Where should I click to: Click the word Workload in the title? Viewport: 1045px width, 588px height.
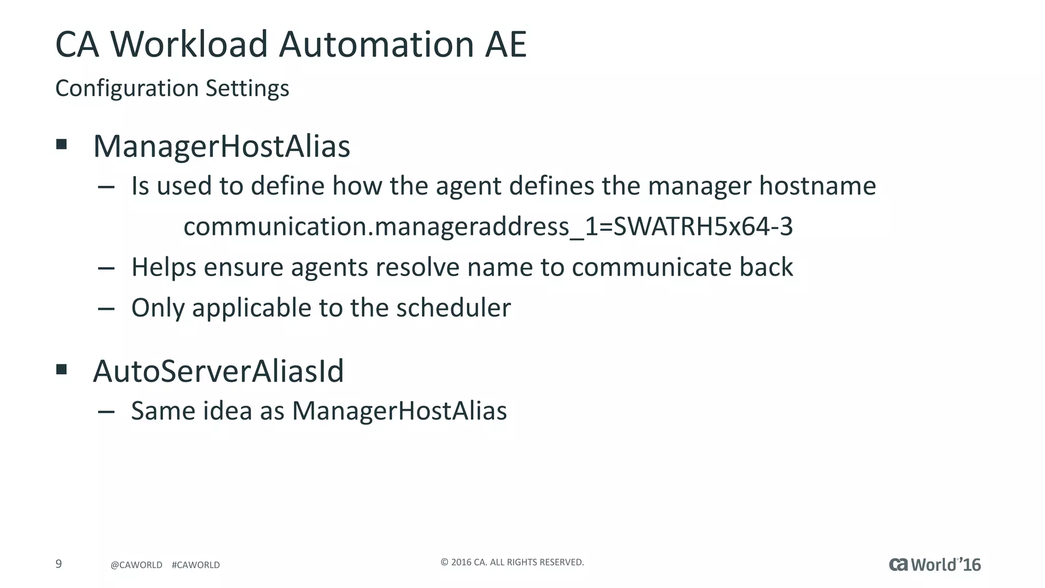click(189, 44)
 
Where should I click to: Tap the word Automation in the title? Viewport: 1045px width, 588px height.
click(377, 44)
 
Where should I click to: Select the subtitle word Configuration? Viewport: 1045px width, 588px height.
click(127, 88)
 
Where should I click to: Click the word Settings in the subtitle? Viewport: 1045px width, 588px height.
click(247, 88)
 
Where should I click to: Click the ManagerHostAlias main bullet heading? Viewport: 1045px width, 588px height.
click(221, 146)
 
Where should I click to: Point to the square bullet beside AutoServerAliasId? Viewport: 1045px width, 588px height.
click(62, 369)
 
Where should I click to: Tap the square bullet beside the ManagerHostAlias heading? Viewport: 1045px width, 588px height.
click(62, 144)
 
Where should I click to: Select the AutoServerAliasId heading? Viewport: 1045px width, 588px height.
click(218, 371)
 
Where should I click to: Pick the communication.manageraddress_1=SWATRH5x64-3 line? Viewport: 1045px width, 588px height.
click(488, 227)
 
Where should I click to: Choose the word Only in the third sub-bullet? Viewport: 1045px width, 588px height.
click(158, 308)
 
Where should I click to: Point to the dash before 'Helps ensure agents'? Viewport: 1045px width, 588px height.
click(106, 268)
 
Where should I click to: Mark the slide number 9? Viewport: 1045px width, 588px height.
click(59, 564)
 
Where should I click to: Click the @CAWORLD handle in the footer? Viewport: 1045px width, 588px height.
click(136, 565)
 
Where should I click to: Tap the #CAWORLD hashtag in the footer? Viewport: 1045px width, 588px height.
click(196, 565)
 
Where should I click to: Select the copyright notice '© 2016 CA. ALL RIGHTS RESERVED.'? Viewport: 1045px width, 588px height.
click(512, 562)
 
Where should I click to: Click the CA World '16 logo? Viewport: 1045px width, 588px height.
click(935, 565)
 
